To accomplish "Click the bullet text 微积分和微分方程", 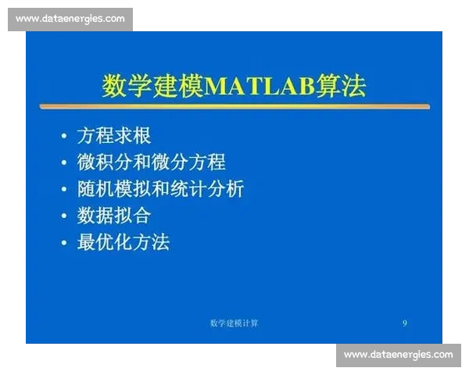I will click(x=151, y=162).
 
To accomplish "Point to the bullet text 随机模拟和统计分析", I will click(x=160, y=188).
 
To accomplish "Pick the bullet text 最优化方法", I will click(x=123, y=241).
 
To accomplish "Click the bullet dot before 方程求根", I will click(x=64, y=136).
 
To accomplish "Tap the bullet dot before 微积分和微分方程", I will click(x=64, y=162).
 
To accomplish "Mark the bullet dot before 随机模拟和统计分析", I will click(x=64, y=189).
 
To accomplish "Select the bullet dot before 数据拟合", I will click(x=64, y=216).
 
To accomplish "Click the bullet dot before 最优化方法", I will click(x=64, y=242).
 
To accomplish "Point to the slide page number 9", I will click(x=404, y=323).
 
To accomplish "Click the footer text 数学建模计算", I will click(x=234, y=323).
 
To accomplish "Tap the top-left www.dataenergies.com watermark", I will click(x=70, y=18).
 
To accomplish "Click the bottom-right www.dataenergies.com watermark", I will click(x=398, y=355).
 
